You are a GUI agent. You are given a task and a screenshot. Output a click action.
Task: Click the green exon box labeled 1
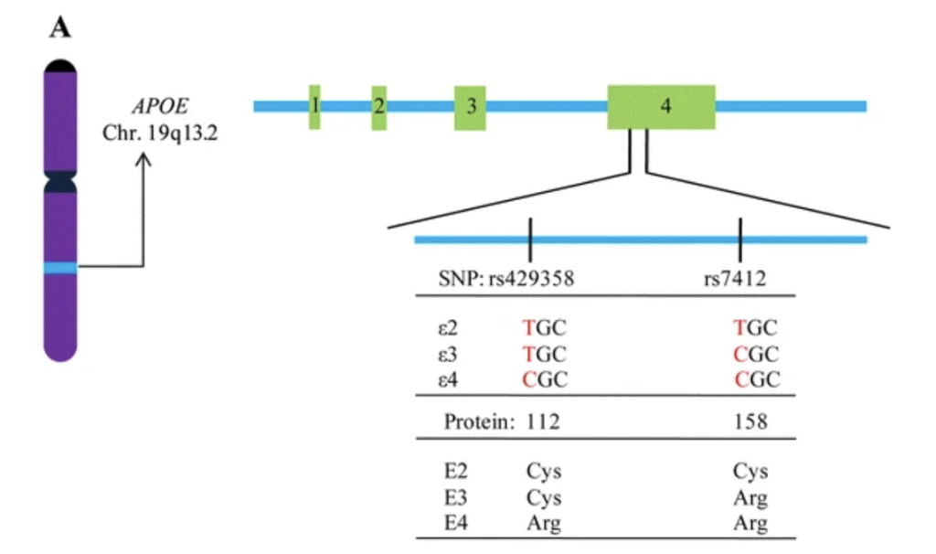[x=314, y=106]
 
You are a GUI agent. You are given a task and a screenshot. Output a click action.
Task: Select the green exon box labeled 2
[x=378, y=106]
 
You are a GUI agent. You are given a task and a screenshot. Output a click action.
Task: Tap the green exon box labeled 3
[x=470, y=106]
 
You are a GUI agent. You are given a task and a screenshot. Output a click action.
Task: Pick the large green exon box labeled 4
[x=662, y=106]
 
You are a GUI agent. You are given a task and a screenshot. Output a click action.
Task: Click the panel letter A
[x=59, y=28]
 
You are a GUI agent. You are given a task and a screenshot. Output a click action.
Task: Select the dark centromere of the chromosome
[x=61, y=179]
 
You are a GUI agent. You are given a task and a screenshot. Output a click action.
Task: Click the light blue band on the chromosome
[x=61, y=267]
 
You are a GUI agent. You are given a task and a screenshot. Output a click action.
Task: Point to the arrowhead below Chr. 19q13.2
[x=144, y=159]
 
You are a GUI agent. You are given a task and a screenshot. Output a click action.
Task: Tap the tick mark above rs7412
[x=739, y=229]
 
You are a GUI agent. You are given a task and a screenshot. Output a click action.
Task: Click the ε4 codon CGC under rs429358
[x=545, y=379]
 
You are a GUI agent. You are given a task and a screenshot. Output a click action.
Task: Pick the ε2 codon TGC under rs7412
[x=756, y=326]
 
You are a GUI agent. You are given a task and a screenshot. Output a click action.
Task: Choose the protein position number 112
[x=543, y=422]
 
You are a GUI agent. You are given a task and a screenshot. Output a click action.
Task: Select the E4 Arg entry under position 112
[x=543, y=524]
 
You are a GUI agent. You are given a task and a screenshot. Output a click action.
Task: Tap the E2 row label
[x=454, y=473]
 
